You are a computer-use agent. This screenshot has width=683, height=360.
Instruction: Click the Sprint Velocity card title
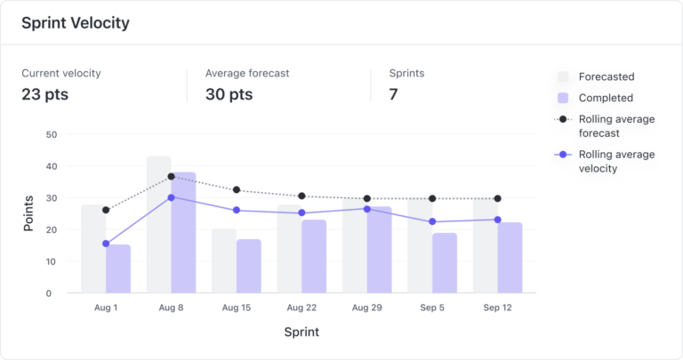coord(76,23)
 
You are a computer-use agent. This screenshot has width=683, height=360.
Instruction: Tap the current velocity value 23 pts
coord(45,94)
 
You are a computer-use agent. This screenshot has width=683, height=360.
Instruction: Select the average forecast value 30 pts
coord(229,94)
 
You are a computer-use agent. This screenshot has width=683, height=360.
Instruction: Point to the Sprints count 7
coord(394,94)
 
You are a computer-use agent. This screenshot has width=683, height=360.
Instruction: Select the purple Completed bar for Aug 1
coord(118,268)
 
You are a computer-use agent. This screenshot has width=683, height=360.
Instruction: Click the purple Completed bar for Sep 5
coord(445,263)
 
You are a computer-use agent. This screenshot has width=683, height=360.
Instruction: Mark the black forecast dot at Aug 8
coord(171,177)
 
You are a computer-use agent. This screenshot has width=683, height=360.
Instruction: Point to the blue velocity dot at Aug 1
coord(106,244)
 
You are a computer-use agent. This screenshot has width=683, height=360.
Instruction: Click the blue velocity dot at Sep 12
coord(497,220)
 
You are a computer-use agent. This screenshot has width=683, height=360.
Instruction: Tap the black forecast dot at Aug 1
coord(106,210)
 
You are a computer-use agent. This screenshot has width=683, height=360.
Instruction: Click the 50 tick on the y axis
coord(51,135)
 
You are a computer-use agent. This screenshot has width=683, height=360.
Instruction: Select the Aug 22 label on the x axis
coord(301,307)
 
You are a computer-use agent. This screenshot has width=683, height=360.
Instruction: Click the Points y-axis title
coord(28,213)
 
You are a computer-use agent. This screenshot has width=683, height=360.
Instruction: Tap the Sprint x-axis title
coord(301,332)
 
